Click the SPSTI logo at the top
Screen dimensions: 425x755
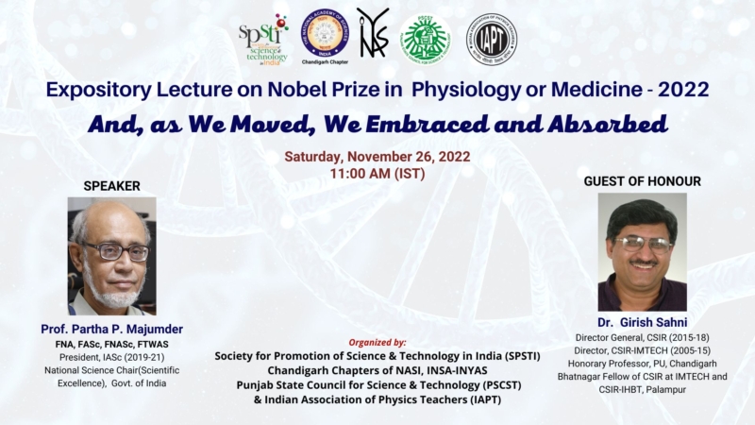pos(263,40)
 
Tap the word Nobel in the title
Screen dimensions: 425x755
pos(288,91)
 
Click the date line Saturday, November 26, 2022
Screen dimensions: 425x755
pos(377,157)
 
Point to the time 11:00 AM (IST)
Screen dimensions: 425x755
pos(377,174)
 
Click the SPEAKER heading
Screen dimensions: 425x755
pos(111,186)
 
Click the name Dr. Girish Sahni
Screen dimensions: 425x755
pos(641,321)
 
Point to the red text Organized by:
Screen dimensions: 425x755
pos(377,341)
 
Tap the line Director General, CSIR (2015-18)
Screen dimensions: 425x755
pos(641,336)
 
